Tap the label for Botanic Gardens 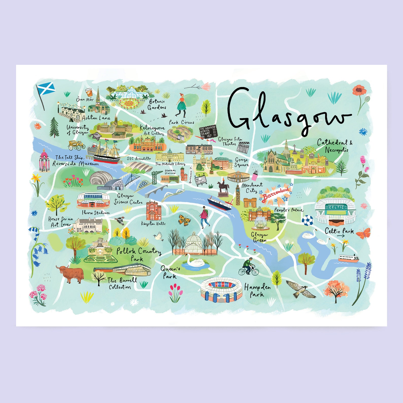(157, 104)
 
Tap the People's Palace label (288, 210)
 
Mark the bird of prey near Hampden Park (301, 289)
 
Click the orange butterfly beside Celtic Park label (364, 233)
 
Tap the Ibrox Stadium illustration (93, 200)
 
